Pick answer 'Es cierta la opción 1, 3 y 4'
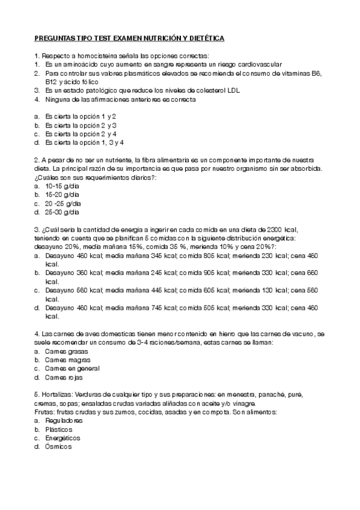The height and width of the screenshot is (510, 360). click(x=84, y=143)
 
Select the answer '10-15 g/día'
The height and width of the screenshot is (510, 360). click(x=63, y=186)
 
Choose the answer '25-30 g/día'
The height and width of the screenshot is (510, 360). click(x=63, y=212)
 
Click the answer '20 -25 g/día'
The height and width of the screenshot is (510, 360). click(x=63, y=204)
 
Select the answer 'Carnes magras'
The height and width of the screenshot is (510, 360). click(x=66, y=360)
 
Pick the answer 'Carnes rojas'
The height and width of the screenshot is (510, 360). click(x=64, y=377)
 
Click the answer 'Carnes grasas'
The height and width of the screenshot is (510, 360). click(x=66, y=351)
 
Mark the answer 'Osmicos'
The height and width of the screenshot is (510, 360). click(x=58, y=447)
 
